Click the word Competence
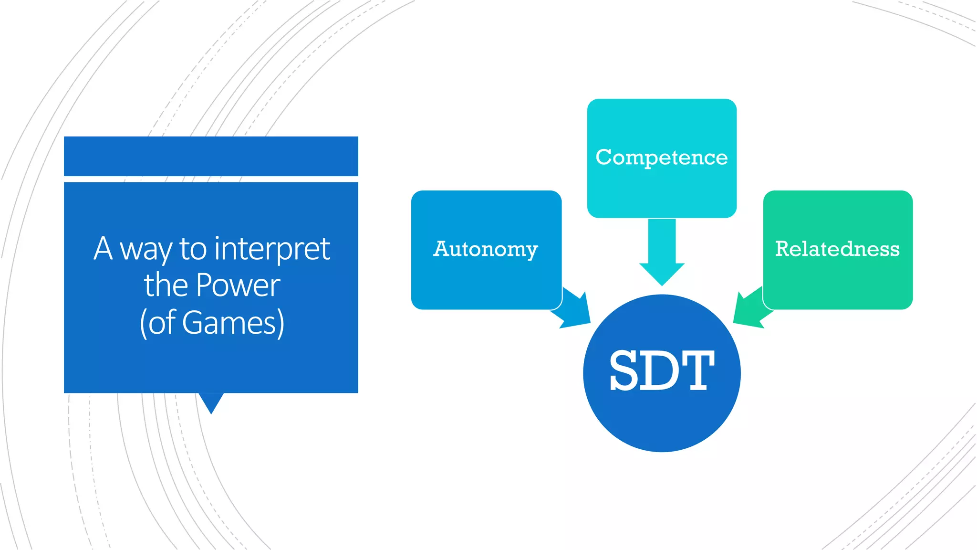(x=662, y=158)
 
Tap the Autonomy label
(x=486, y=249)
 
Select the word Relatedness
(x=837, y=249)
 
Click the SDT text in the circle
(x=662, y=371)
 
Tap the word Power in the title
(x=238, y=286)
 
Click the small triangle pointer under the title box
(x=211, y=402)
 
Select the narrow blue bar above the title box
(x=211, y=156)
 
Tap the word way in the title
(x=146, y=250)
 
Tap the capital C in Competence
(x=604, y=157)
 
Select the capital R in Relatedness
(x=783, y=249)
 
